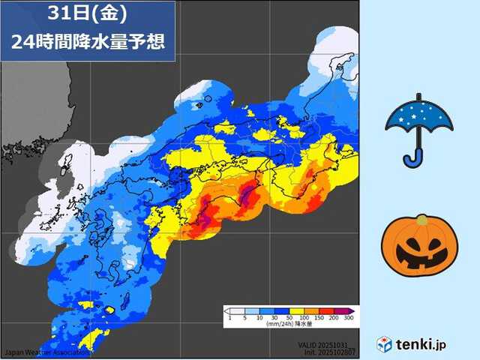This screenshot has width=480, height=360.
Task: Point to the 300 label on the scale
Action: (349, 319)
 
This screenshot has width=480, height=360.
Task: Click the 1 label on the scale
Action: (228, 319)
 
